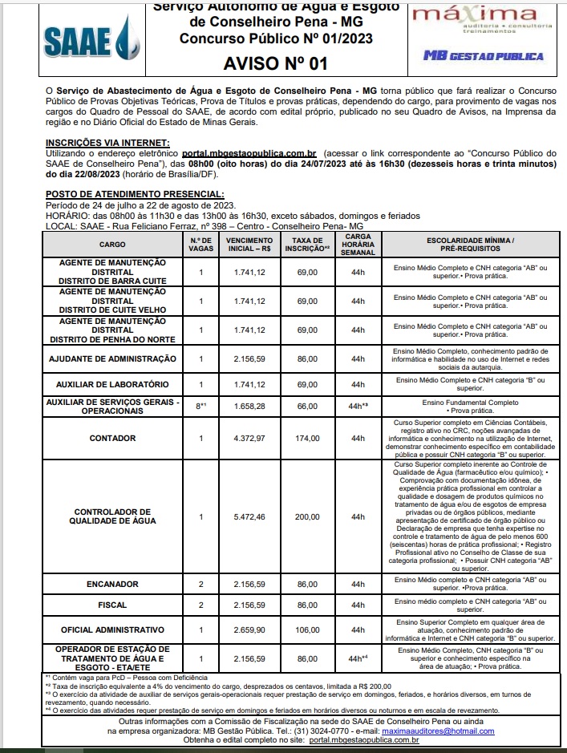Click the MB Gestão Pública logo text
click(x=484, y=56)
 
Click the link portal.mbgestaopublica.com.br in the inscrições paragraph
click(x=250, y=152)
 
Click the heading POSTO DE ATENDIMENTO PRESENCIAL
click(x=135, y=194)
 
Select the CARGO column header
click(x=112, y=243)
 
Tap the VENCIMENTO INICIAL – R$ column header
click(x=250, y=243)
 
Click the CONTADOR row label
click(x=112, y=438)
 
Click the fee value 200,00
click(x=306, y=516)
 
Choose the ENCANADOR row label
click(x=112, y=584)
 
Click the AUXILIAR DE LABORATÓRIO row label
click(x=112, y=384)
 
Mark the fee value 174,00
click(x=306, y=438)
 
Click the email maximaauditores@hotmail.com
click(x=449, y=731)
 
